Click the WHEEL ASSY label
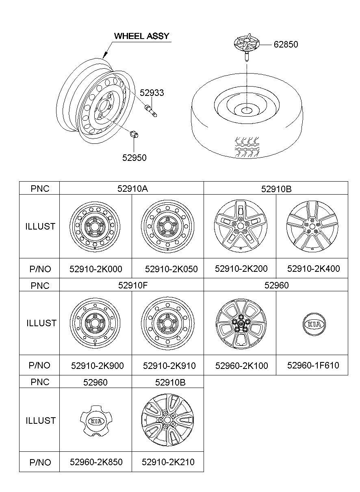pyautogui.click(x=141, y=36)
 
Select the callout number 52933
pyautogui.click(x=152, y=93)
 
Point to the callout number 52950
pyautogui.click(x=134, y=158)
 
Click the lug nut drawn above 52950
pyautogui.click(x=133, y=135)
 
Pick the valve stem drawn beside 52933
pyautogui.click(x=151, y=111)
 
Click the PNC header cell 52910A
pyautogui.click(x=131, y=189)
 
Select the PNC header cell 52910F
pyautogui.click(x=131, y=285)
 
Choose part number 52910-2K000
pyautogui.click(x=96, y=269)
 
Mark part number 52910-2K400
pyautogui.click(x=313, y=269)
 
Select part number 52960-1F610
pyautogui.click(x=313, y=365)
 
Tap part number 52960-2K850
pyautogui.click(x=96, y=462)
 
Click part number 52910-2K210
pyautogui.click(x=168, y=462)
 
